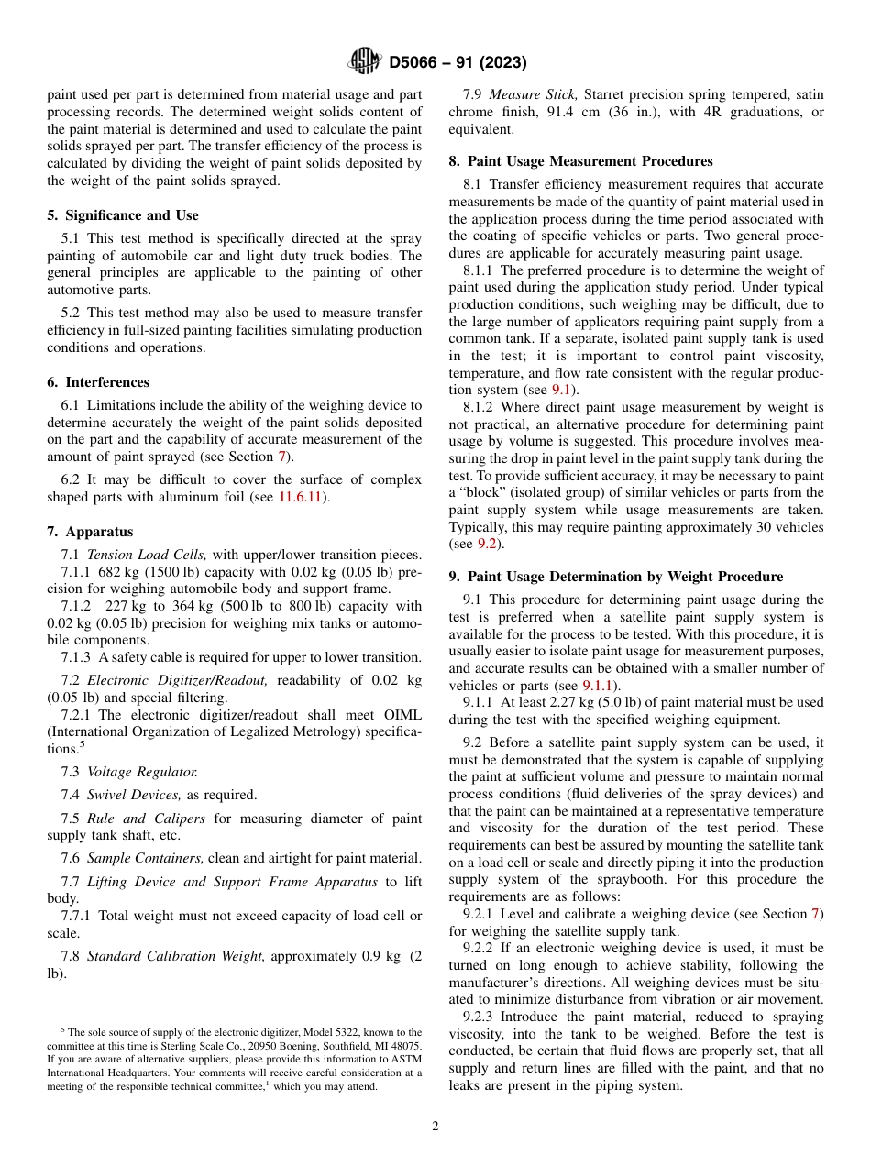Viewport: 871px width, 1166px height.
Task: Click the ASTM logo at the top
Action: pos(365,62)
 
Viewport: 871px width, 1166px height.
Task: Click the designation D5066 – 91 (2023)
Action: pos(457,63)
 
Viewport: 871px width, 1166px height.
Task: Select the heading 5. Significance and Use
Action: pos(122,215)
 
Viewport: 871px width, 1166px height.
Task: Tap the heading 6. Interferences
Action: pos(98,382)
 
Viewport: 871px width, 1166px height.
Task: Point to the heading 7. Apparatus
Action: pos(90,532)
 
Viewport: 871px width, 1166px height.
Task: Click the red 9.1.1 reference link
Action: pos(601,686)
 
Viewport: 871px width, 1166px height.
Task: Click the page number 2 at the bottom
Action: pos(435,1127)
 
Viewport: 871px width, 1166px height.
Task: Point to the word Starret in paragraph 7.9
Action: pos(606,94)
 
